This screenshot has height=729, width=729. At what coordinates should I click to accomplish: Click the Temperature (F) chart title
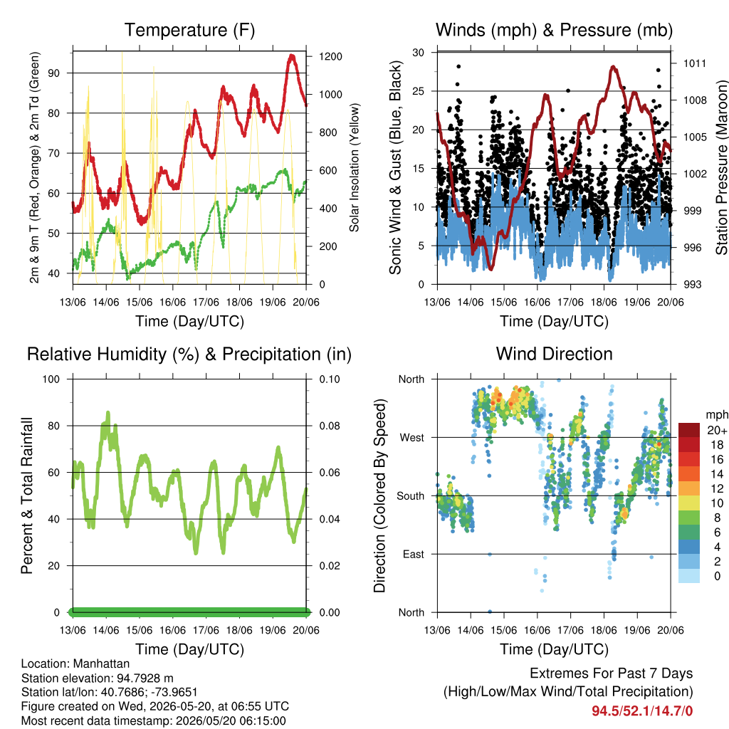[x=189, y=30]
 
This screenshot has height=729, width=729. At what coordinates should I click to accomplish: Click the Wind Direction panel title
[x=554, y=354]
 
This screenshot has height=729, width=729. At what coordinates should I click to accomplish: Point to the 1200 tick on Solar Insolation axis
[x=330, y=57]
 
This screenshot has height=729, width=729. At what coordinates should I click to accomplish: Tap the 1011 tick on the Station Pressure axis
[x=695, y=63]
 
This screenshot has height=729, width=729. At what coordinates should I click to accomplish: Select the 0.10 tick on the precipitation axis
[x=330, y=379]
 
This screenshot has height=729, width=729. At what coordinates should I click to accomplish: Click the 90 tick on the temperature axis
[x=54, y=73]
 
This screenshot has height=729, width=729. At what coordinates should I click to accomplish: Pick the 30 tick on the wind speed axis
[x=419, y=53]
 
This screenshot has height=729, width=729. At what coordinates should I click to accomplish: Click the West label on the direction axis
[x=412, y=438]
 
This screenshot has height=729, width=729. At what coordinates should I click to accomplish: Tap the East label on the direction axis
[x=414, y=554]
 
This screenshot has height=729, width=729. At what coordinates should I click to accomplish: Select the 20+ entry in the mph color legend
[x=717, y=431]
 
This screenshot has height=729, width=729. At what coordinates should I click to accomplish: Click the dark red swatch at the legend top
[x=689, y=430]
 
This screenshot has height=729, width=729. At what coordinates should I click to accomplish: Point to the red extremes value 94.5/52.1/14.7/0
[x=642, y=711]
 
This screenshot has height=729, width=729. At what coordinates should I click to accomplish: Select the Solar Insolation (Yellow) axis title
[x=355, y=167]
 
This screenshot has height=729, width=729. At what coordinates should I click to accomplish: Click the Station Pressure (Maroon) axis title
[x=721, y=167]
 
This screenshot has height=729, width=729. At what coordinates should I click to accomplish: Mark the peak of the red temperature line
[x=292, y=56]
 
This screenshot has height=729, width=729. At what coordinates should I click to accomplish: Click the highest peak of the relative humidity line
[x=108, y=412]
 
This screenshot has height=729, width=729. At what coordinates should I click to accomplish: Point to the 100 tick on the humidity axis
[x=51, y=379]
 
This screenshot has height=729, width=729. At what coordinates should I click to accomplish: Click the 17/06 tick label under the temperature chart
[x=206, y=303]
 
